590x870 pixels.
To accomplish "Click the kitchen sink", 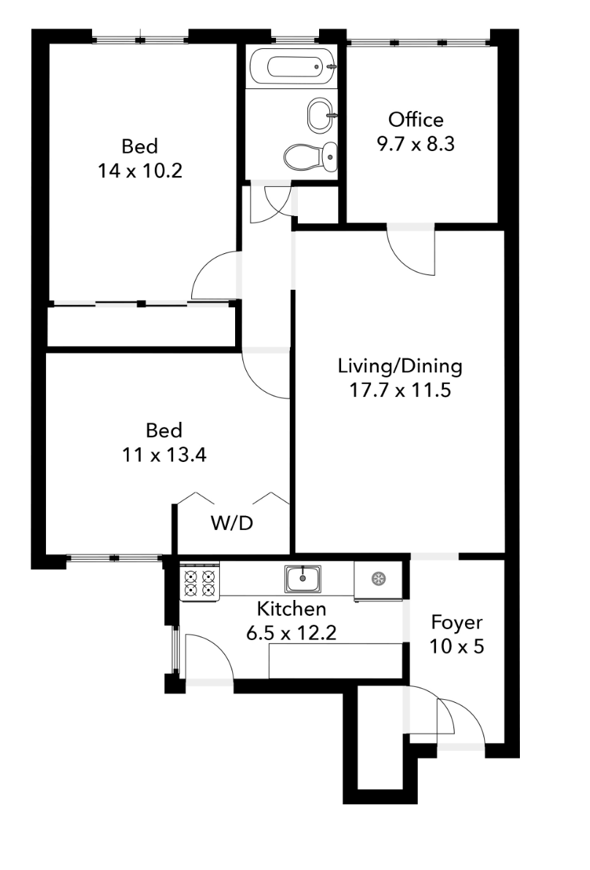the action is pyautogui.click(x=302, y=580).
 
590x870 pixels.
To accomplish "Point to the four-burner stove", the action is pyautogui.click(x=200, y=583).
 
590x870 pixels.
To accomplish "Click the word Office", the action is pyautogui.click(x=415, y=120).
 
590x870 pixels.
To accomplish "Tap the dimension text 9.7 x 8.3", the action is pyautogui.click(x=415, y=145).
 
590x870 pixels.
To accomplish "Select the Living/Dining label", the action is pyautogui.click(x=400, y=366).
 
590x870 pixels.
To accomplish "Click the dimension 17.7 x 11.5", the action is pyautogui.click(x=400, y=390).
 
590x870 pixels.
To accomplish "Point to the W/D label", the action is pyautogui.click(x=232, y=523).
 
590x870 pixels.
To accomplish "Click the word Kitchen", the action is pyautogui.click(x=291, y=609).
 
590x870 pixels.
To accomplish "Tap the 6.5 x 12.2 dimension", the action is pyautogui.click(x=291, y=633).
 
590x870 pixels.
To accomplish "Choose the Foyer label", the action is pyautogui.click(x=457, y=623).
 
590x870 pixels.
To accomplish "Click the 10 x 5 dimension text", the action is pyautogui.click(x=457, y=647).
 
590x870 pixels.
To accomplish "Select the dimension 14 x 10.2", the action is pyautogui.click(x=140, y=171).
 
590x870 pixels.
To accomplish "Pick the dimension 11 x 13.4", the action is pyautogui.click(x=164, y=455).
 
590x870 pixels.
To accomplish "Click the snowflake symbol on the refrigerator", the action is pyautogui.click(x=379, y=580).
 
